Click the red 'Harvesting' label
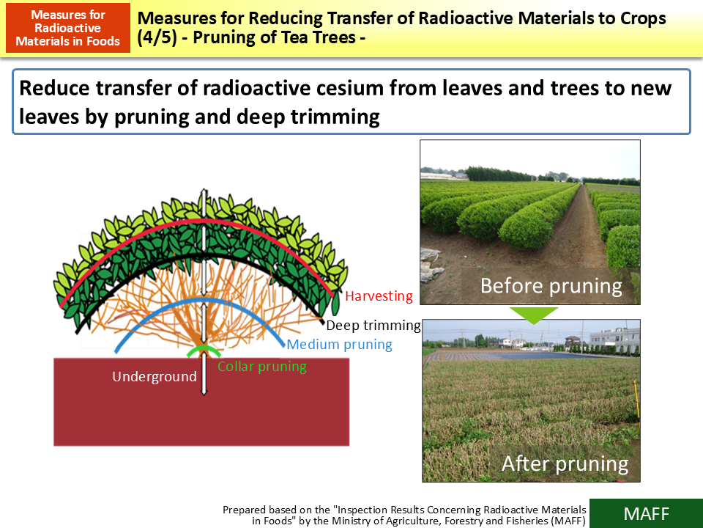379,297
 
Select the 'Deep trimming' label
373,325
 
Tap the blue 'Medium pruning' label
339,345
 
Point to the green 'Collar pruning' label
261,367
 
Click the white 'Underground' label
154,377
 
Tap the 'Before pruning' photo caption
551,285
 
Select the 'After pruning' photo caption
565,463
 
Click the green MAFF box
645,513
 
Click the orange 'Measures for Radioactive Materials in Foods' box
67,28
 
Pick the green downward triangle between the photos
532,315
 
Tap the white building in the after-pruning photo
613,339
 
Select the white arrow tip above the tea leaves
204,192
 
